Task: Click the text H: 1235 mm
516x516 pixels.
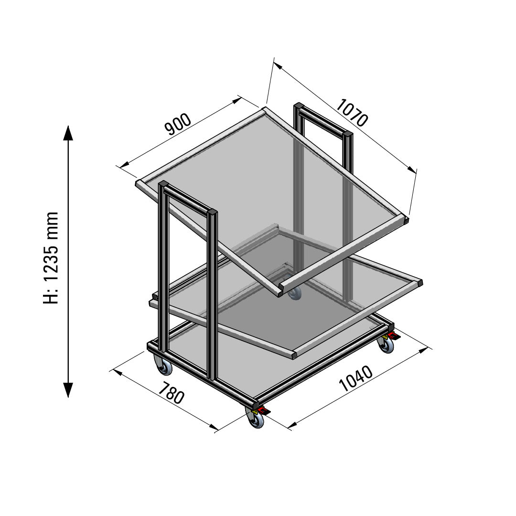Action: [51, 258]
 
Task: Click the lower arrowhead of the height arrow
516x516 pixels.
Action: [68, 390]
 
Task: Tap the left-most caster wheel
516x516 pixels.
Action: [164, 367]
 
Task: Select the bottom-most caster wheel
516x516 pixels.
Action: [257, 419]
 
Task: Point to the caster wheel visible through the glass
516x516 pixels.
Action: [294, 292]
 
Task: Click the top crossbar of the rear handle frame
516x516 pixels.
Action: [323, 119]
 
